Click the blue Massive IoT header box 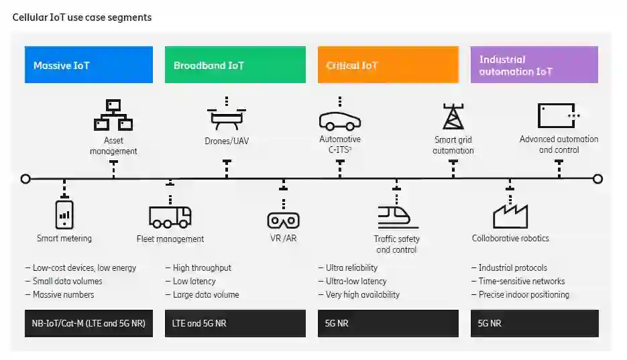tap(89, 65)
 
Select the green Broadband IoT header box tap(235, 65)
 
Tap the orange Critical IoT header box tap(388, 65)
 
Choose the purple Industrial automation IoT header tap(534, 65)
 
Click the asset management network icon tap(113, 115)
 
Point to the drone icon tap(227, 117)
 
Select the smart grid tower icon tap(453, 116)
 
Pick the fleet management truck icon tap(170, 215)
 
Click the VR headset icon tap(283, 219)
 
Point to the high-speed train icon tap(397, 215)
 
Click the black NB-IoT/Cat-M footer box tap(89, 323)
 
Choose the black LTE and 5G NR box tap(235, 323)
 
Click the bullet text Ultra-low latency tap(355, 281)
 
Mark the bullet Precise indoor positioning tap(524, 294)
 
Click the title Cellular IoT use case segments tap(82, 17)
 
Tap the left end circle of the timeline tap(25, 179)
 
